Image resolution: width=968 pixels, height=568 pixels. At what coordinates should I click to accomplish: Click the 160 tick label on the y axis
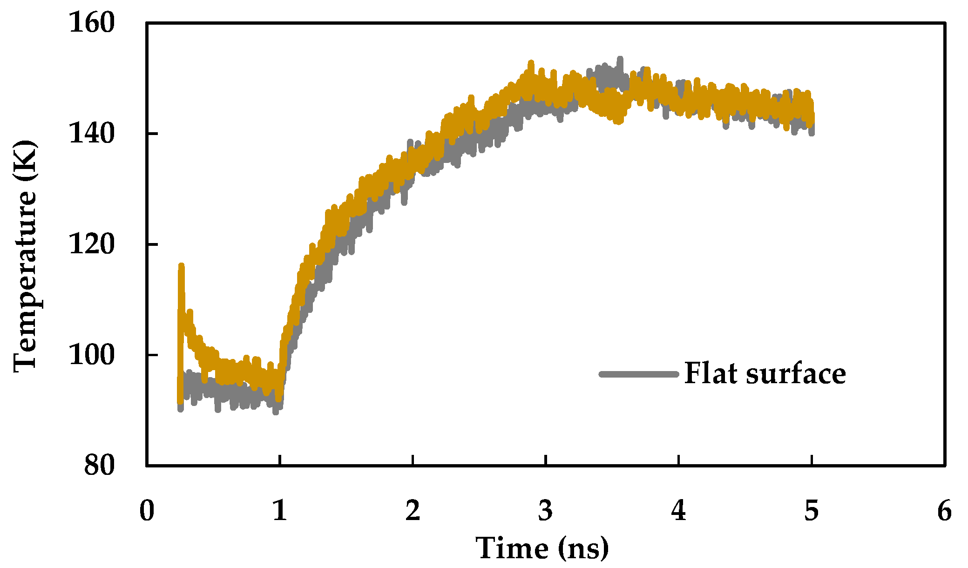[92, 22]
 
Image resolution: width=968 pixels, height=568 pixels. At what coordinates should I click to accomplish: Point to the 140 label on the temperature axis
[92, 133]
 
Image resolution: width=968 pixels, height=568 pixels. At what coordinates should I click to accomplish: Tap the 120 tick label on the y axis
[92, 243]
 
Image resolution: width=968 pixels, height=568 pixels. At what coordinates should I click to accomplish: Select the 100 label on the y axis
[92, 354]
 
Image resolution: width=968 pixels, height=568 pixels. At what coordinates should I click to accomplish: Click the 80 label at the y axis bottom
[99, 465]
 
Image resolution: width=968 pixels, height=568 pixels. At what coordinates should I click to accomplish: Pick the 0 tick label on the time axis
[147, 511]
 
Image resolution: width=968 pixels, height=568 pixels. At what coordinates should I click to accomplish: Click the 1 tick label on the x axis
[279, 511]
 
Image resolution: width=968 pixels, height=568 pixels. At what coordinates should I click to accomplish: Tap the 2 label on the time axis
[413, 511]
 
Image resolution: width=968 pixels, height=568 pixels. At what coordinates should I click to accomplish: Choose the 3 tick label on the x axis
[545, 511]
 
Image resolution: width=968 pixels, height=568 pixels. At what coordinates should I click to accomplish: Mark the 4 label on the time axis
[678, 511]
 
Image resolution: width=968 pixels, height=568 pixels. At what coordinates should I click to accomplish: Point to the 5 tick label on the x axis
[811, 511]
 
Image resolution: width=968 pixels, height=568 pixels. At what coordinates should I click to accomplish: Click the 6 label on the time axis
[944, 511]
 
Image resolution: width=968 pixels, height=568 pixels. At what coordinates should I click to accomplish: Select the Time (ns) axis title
[542, 548]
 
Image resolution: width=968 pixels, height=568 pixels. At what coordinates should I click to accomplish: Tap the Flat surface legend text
[765, 373]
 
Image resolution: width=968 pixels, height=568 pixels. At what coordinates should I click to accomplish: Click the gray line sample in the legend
[639, 374]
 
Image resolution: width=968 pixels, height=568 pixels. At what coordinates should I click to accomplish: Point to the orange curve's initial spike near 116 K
[181, 266]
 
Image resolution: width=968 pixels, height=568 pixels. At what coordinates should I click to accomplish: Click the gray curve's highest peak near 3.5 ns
[620, 59]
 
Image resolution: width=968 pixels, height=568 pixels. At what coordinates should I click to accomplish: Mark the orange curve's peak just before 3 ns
[531, 63]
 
